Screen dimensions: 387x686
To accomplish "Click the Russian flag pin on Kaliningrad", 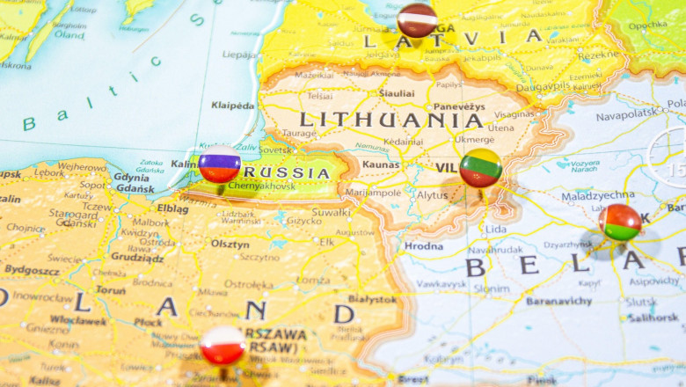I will coord(219,164).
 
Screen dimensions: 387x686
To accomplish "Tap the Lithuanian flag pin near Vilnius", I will coord(480,167).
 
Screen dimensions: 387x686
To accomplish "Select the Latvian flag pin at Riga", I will coord(417,19).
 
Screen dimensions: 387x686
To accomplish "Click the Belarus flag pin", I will coord(621,223).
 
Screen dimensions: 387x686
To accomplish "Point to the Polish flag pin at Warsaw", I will coord(223,346).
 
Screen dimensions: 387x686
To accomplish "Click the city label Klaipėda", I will coord(232,106).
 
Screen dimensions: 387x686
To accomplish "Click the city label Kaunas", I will coord(380,164).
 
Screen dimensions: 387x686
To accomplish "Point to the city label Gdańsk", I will coord(135,188).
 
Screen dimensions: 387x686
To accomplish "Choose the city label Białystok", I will coord(372,299).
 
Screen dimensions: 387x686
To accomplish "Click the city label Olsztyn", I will coord(230,244).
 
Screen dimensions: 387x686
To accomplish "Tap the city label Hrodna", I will coord(423,246).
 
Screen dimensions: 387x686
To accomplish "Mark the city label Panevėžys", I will coord(458,106).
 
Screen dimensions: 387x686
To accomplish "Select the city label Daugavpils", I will coord(543,87).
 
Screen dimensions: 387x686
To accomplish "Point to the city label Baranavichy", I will coord(558,301).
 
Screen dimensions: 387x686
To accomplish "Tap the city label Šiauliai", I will coord(397,92).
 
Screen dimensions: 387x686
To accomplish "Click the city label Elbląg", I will coord(172,209).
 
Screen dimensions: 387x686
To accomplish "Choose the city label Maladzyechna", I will coord(598,195).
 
